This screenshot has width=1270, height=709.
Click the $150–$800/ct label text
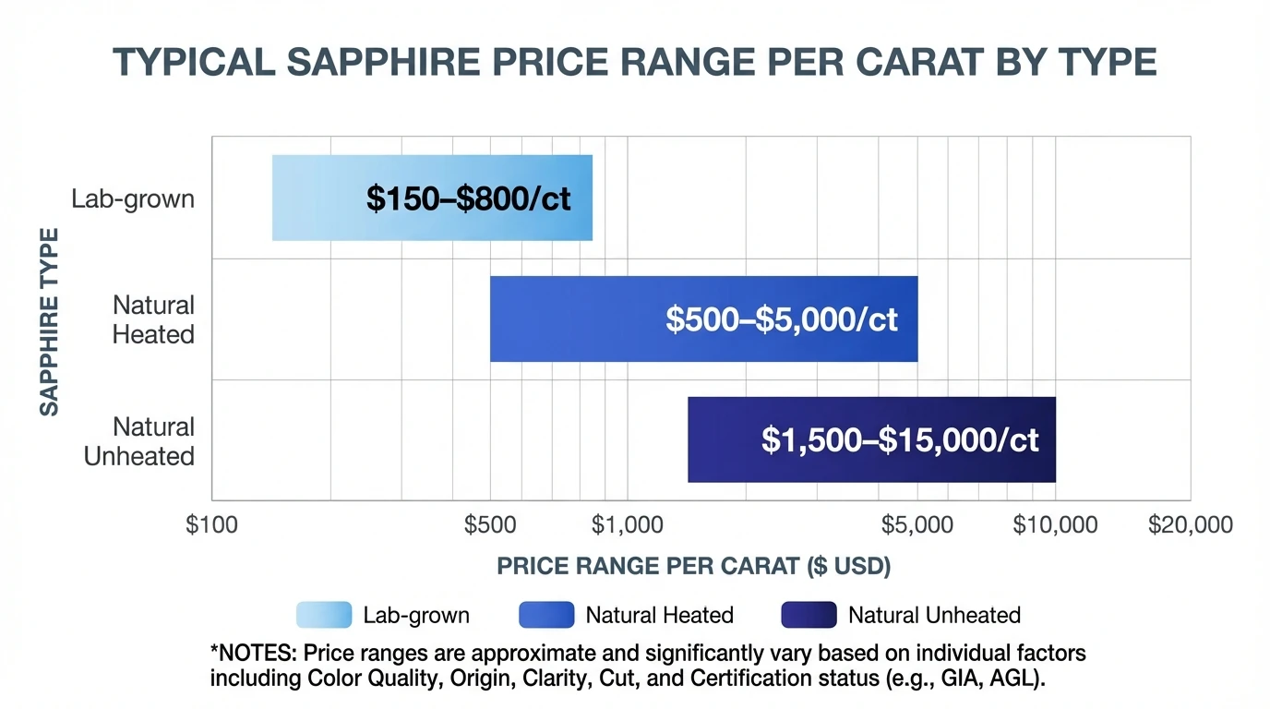tap(468, 198)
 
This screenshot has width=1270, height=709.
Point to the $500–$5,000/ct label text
tap(781, 319)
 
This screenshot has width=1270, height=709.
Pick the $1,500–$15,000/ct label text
tap(900, 440)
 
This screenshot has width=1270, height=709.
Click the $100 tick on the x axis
tap(211, 525)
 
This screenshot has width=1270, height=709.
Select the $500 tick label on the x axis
tap(490, 525)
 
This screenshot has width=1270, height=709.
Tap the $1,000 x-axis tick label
tap(627, 525)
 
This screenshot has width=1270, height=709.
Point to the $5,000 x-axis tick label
tap(917, 525)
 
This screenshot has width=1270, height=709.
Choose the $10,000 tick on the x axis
tap(1055, 525)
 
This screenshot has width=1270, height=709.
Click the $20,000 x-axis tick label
tap(1190, 525)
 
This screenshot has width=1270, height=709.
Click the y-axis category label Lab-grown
tap(133, 198)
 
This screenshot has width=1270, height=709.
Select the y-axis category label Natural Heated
tap(153, 319)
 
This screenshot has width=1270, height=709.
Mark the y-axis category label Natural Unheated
tap(139, 441)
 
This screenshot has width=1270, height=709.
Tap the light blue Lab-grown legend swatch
tap(324, 615)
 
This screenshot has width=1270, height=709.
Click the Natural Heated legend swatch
tap(546, 615)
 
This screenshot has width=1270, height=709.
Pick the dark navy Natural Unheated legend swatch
tap(809, 615)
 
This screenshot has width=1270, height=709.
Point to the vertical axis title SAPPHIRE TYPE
tap(49, 321)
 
